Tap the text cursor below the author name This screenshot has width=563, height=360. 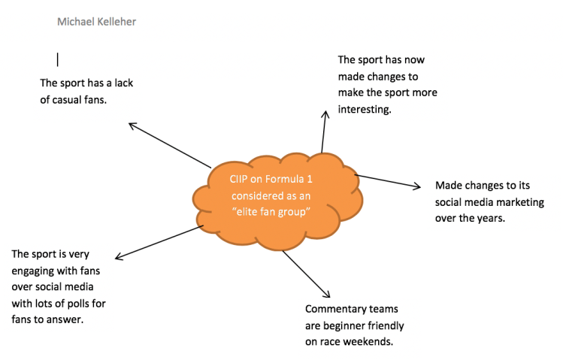pyautogui.click(x=57, y=58)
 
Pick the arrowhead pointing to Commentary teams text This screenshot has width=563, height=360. pyautogui.click(x=327, y=294)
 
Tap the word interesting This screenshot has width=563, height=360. pyautogui.click(x=365, y=109)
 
